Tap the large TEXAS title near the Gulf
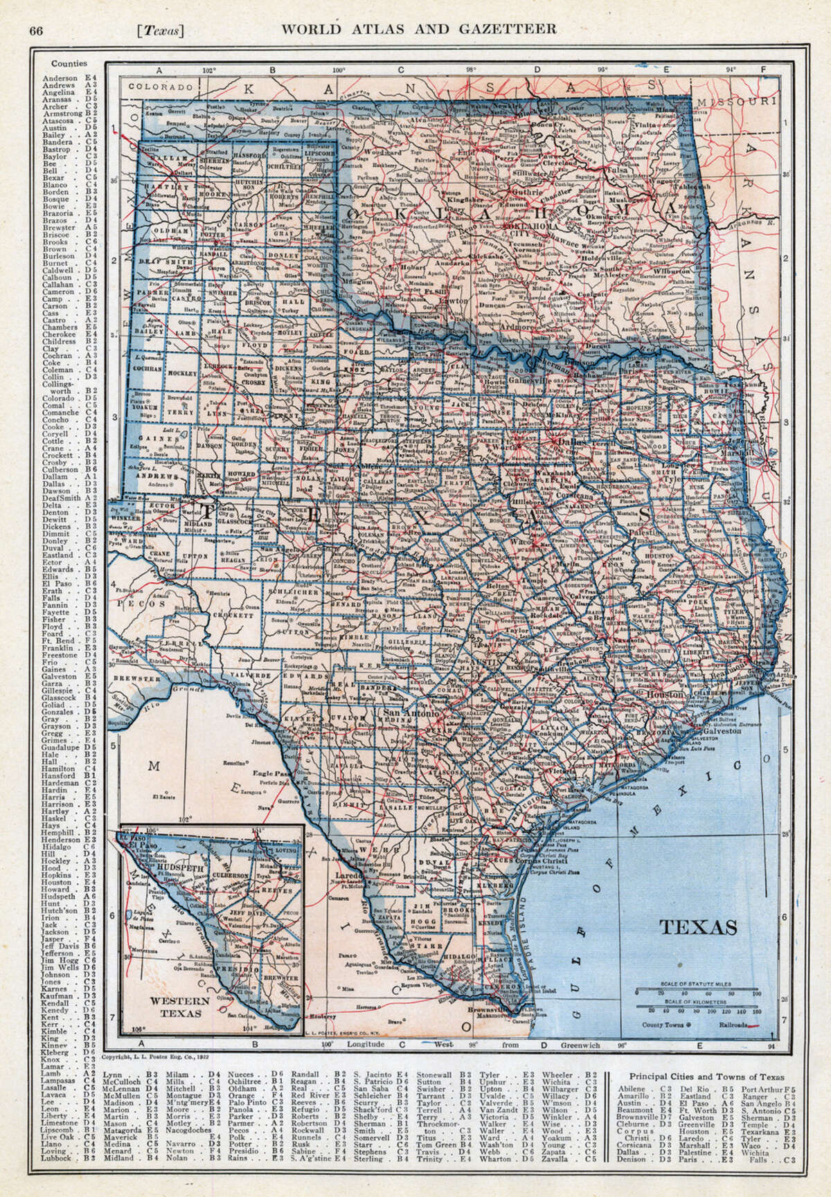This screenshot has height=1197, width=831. pos(697,927)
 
